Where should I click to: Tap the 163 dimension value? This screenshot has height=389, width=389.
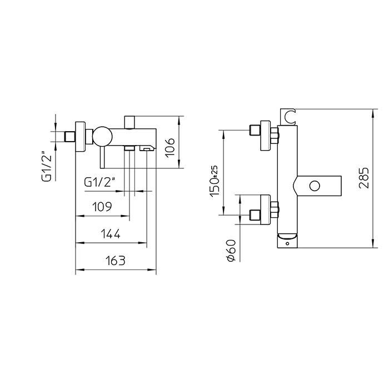[115, 260]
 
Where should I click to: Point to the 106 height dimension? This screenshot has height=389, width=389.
[172, 146]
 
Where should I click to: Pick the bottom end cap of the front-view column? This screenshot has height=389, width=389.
[287, 240]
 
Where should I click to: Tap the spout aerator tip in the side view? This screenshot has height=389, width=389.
[147, 148]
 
